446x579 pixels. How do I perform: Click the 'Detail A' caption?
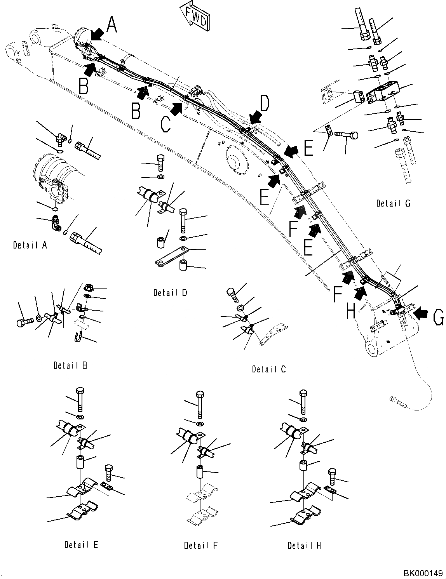pos(30,245)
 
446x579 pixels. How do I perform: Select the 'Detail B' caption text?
pos(70,365)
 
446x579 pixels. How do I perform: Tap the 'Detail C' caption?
pos(268,369)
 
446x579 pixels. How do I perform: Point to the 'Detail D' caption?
pos(170,292)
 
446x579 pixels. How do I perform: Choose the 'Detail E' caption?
pos(81,545)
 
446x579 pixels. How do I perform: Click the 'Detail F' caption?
pos(201,545)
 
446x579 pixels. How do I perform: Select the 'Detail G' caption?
pos(393,203)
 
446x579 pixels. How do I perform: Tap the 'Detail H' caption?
pos(305,545)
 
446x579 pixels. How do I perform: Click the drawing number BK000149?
pos(423,573)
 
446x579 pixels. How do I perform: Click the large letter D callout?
pos(264,104)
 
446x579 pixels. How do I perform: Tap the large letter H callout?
pos(351,311)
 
